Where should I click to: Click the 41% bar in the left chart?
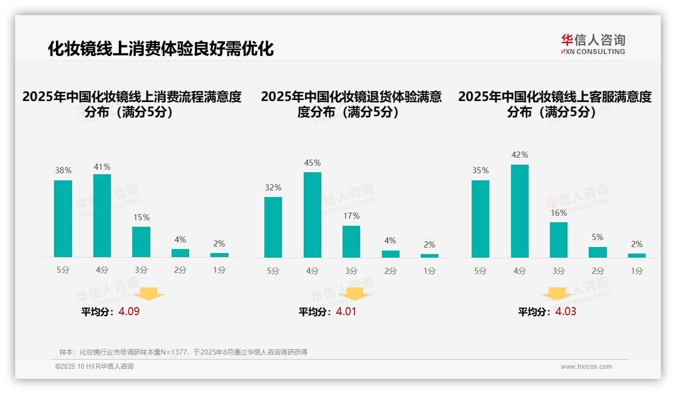[x=102, y=216]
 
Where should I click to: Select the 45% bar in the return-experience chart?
[x=312, y=215]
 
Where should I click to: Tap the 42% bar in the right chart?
[x=520, y=211]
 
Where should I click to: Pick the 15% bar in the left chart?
[x=141, y=242]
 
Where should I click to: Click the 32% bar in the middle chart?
[x=273, y=227]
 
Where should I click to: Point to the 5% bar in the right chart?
[x=598, y=252]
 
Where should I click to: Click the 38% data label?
[x=63, y=171]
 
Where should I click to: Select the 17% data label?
[x=351, y=216]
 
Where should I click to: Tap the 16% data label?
[x=558, y=213]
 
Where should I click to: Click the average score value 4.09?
[x=129, y=312]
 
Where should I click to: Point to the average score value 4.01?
[x=346, y=312]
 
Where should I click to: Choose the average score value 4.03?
[x=566, y=312]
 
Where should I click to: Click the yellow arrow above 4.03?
[x=557, y=294]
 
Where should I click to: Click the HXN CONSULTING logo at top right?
[x=593, y=44]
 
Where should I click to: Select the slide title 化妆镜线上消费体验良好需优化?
[x=161, y=48]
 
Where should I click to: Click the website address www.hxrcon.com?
[x=586, y=367]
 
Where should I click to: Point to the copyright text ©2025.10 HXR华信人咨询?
[x=94, y=367]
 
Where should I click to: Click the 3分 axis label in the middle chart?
[x=351, y=271]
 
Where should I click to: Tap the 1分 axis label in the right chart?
[x=637, y=271]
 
